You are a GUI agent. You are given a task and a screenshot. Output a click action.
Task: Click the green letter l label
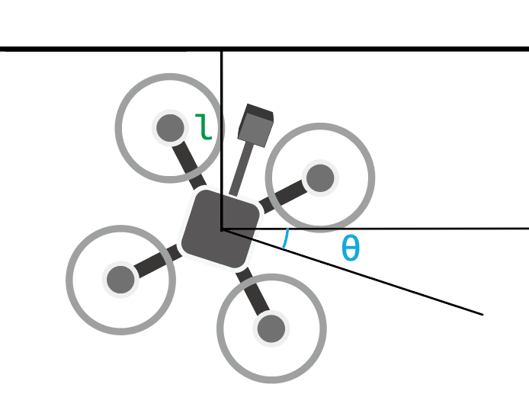[204, 128]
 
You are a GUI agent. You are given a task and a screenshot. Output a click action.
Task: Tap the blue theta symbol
[350, 248]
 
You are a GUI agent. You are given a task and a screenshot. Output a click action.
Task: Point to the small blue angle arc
[285, 239]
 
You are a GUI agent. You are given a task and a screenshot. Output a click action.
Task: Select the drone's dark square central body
[220, 229]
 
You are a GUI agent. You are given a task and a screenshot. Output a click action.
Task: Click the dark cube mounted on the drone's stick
[255, 125]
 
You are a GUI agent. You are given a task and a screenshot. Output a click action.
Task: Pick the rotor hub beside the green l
[169, 127]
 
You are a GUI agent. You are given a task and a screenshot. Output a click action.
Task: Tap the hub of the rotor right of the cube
[320, 178]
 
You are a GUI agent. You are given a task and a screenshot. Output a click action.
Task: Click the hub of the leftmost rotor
[120, 280]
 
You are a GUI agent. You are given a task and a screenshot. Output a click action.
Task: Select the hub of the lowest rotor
[271, 329]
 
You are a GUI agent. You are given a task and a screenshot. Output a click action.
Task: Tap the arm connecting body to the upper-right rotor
[283, 195]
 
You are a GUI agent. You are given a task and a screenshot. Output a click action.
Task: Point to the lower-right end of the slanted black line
[481, 313]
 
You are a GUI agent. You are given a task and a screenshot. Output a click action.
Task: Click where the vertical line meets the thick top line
[222, 50]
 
